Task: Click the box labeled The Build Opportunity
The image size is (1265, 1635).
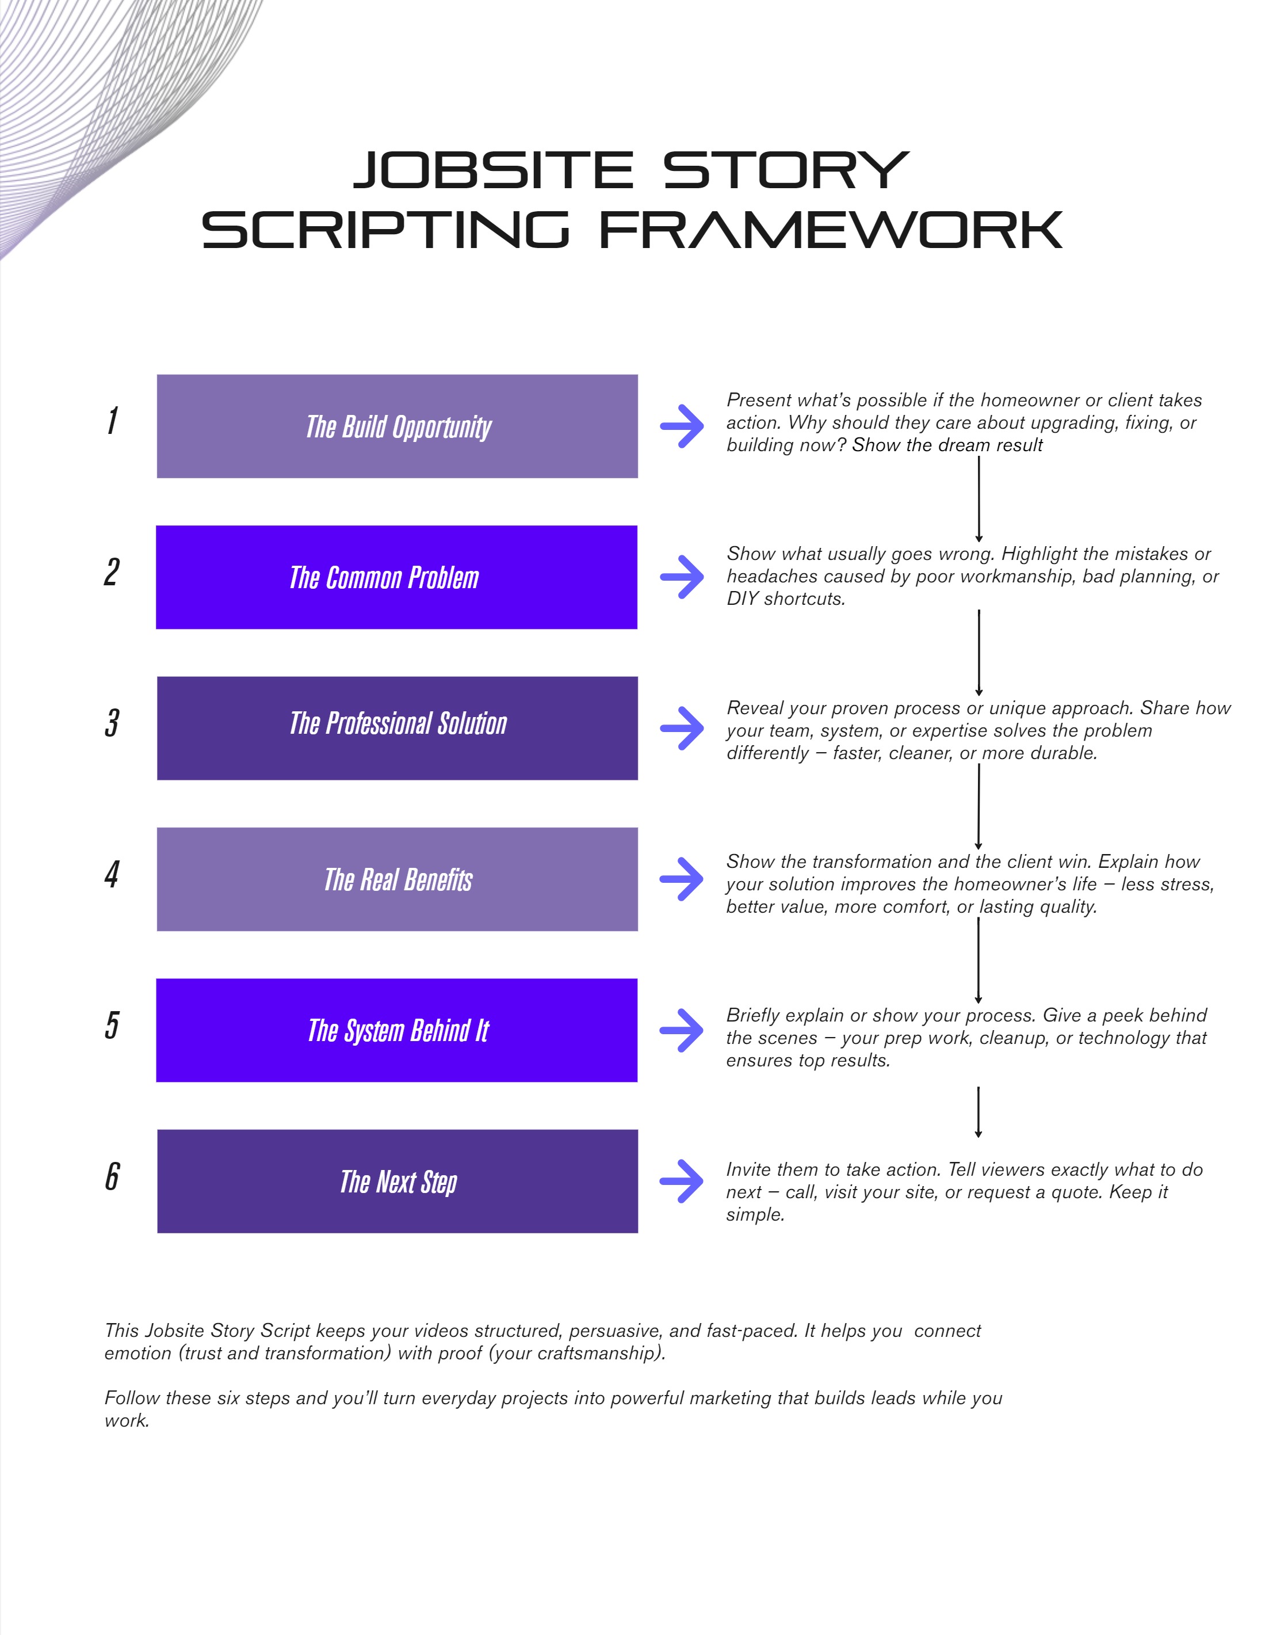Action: pyautogui.click(x=397, y=426)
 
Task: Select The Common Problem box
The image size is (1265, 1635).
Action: pyautogui.click(x=397, y=577)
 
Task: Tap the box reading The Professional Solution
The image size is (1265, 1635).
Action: pyautogui.click(x=397, y=729)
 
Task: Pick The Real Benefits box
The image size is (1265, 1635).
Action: pyautogui.click(x=397, y=879)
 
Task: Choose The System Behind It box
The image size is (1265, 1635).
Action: pyautogui.click(x=397, y=1030)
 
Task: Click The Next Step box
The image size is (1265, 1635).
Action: pyautogui.click(x=397, y=1182)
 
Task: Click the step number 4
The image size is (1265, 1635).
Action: pyautogui.click(x=112, y=874)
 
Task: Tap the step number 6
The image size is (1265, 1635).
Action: pyautogui.click(x=112, y=1176)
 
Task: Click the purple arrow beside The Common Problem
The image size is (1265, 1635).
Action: pyautogui.click(x=682, y=577)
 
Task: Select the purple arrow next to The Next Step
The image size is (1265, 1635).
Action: pyautogui.click(x=681, y=1182)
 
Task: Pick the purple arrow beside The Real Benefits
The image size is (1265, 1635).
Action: pyautogui.click(x=681, y=879)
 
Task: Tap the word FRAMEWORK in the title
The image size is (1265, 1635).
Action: pyautogui.click(x=831, y=229)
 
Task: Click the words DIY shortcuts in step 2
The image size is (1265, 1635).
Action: pyautogui.click(x=786, y=599)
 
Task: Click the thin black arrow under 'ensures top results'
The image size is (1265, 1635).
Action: pyautogui.click(x=979, y=1112)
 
